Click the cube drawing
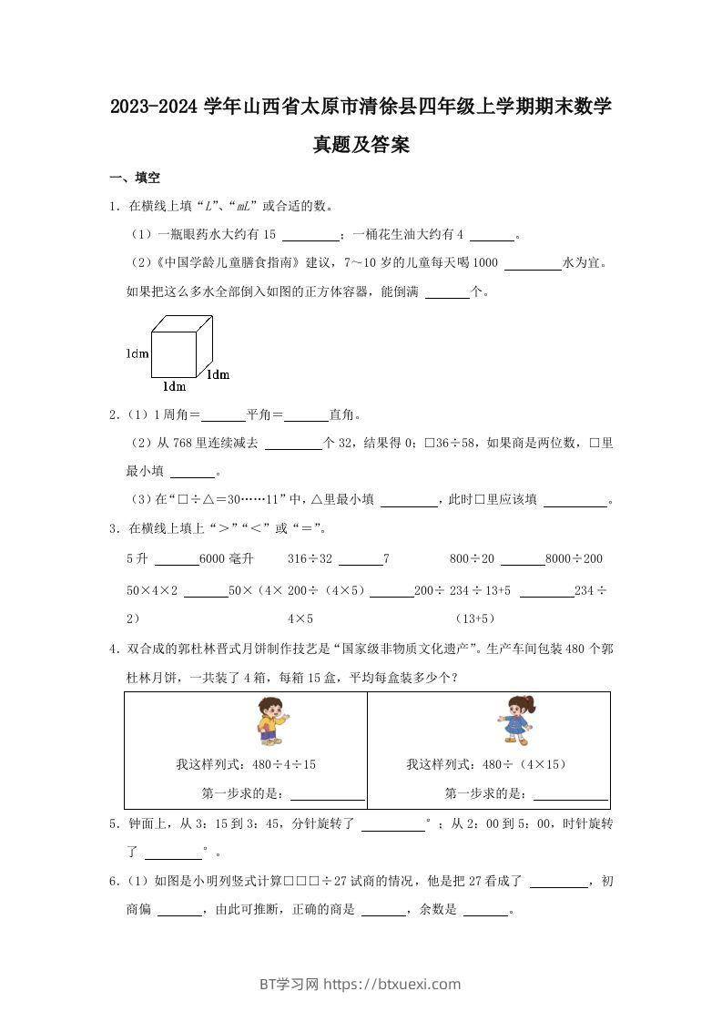coord(182,345)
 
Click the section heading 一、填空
coord(135,178)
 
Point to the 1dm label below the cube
coord(174,386)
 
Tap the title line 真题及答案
coord(361,145)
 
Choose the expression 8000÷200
coord(574,558)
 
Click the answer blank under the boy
coord(326,794)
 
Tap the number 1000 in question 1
coord(486,263)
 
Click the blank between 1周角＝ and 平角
coord(223,415)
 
